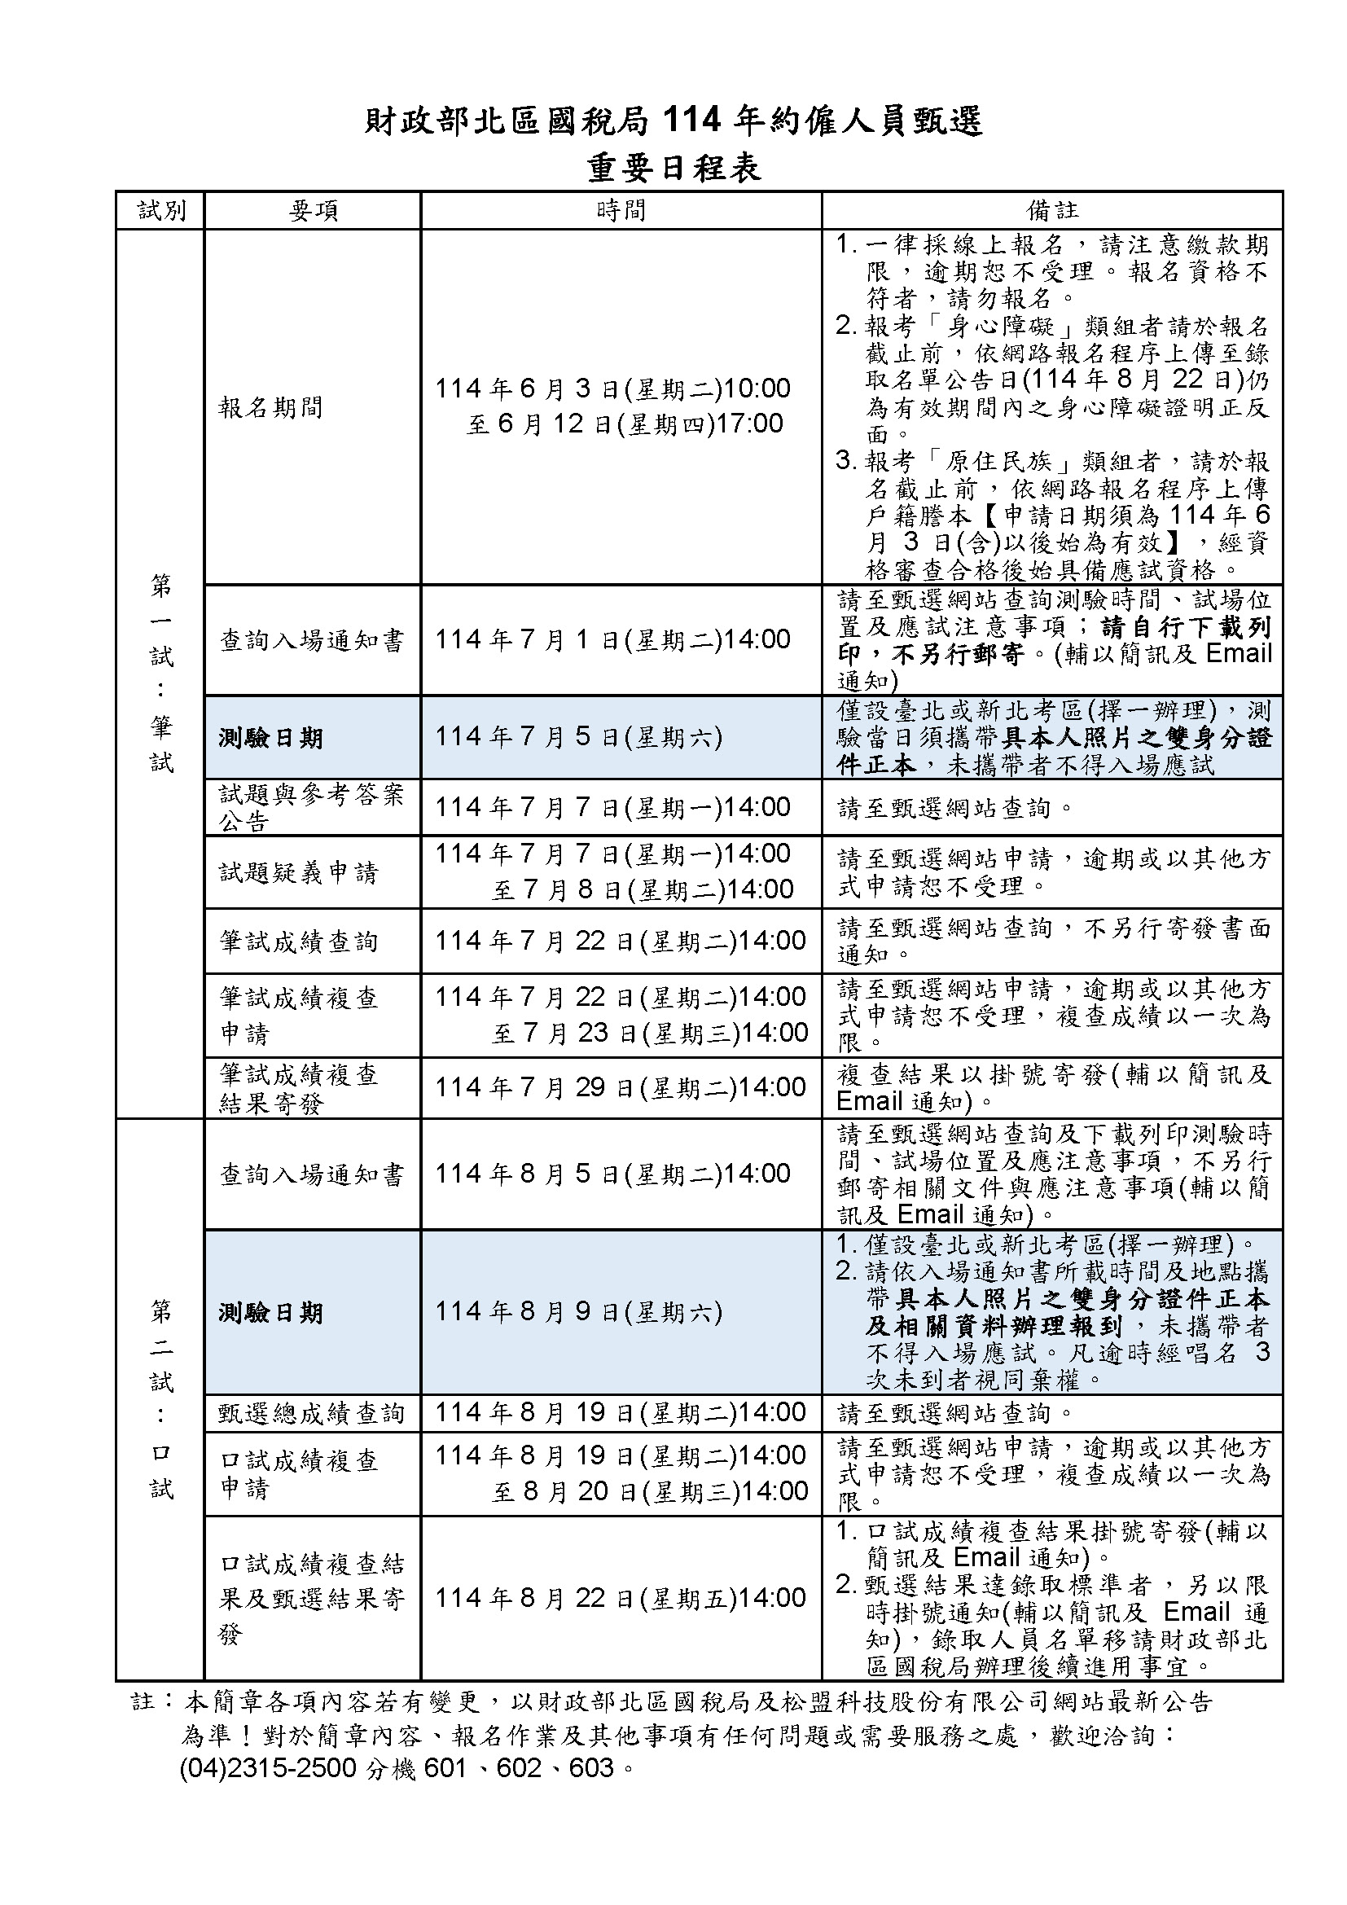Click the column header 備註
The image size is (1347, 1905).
pyautogui.click(x=1051, y=211)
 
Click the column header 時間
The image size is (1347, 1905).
pyautogui.click(x=621, y=211)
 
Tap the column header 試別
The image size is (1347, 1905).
pyautogui.click(x=161, y=211)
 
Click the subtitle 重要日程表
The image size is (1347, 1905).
pyautogui.click(x=673, y=169)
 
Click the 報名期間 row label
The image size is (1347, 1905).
pyautogui.click(x=270, y=407)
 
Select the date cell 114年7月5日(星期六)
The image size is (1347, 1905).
pyautogui.click(x=579, y=737)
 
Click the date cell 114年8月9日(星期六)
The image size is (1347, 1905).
pyautogui.click(x=579, y=1311)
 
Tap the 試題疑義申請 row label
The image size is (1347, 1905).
pyautogui.click(x=299, y=872)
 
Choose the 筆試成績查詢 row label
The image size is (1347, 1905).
pyautogui.click(x=299, y=942)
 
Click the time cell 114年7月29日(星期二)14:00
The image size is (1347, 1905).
pyautogui.click(x=621, y=1087)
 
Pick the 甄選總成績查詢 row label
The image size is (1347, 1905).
pyautogui.click(x=311, y=1413)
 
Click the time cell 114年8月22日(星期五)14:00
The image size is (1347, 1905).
pyautogui.click(x=621, y=1597)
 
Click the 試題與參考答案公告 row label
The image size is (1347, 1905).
pyautogui.click(x=311, y=807)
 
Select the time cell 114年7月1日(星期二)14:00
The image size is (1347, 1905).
pyautogui.click(x=613, y=639)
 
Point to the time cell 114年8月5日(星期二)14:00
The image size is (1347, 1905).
pyautogui.click(x=613, y=1173)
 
